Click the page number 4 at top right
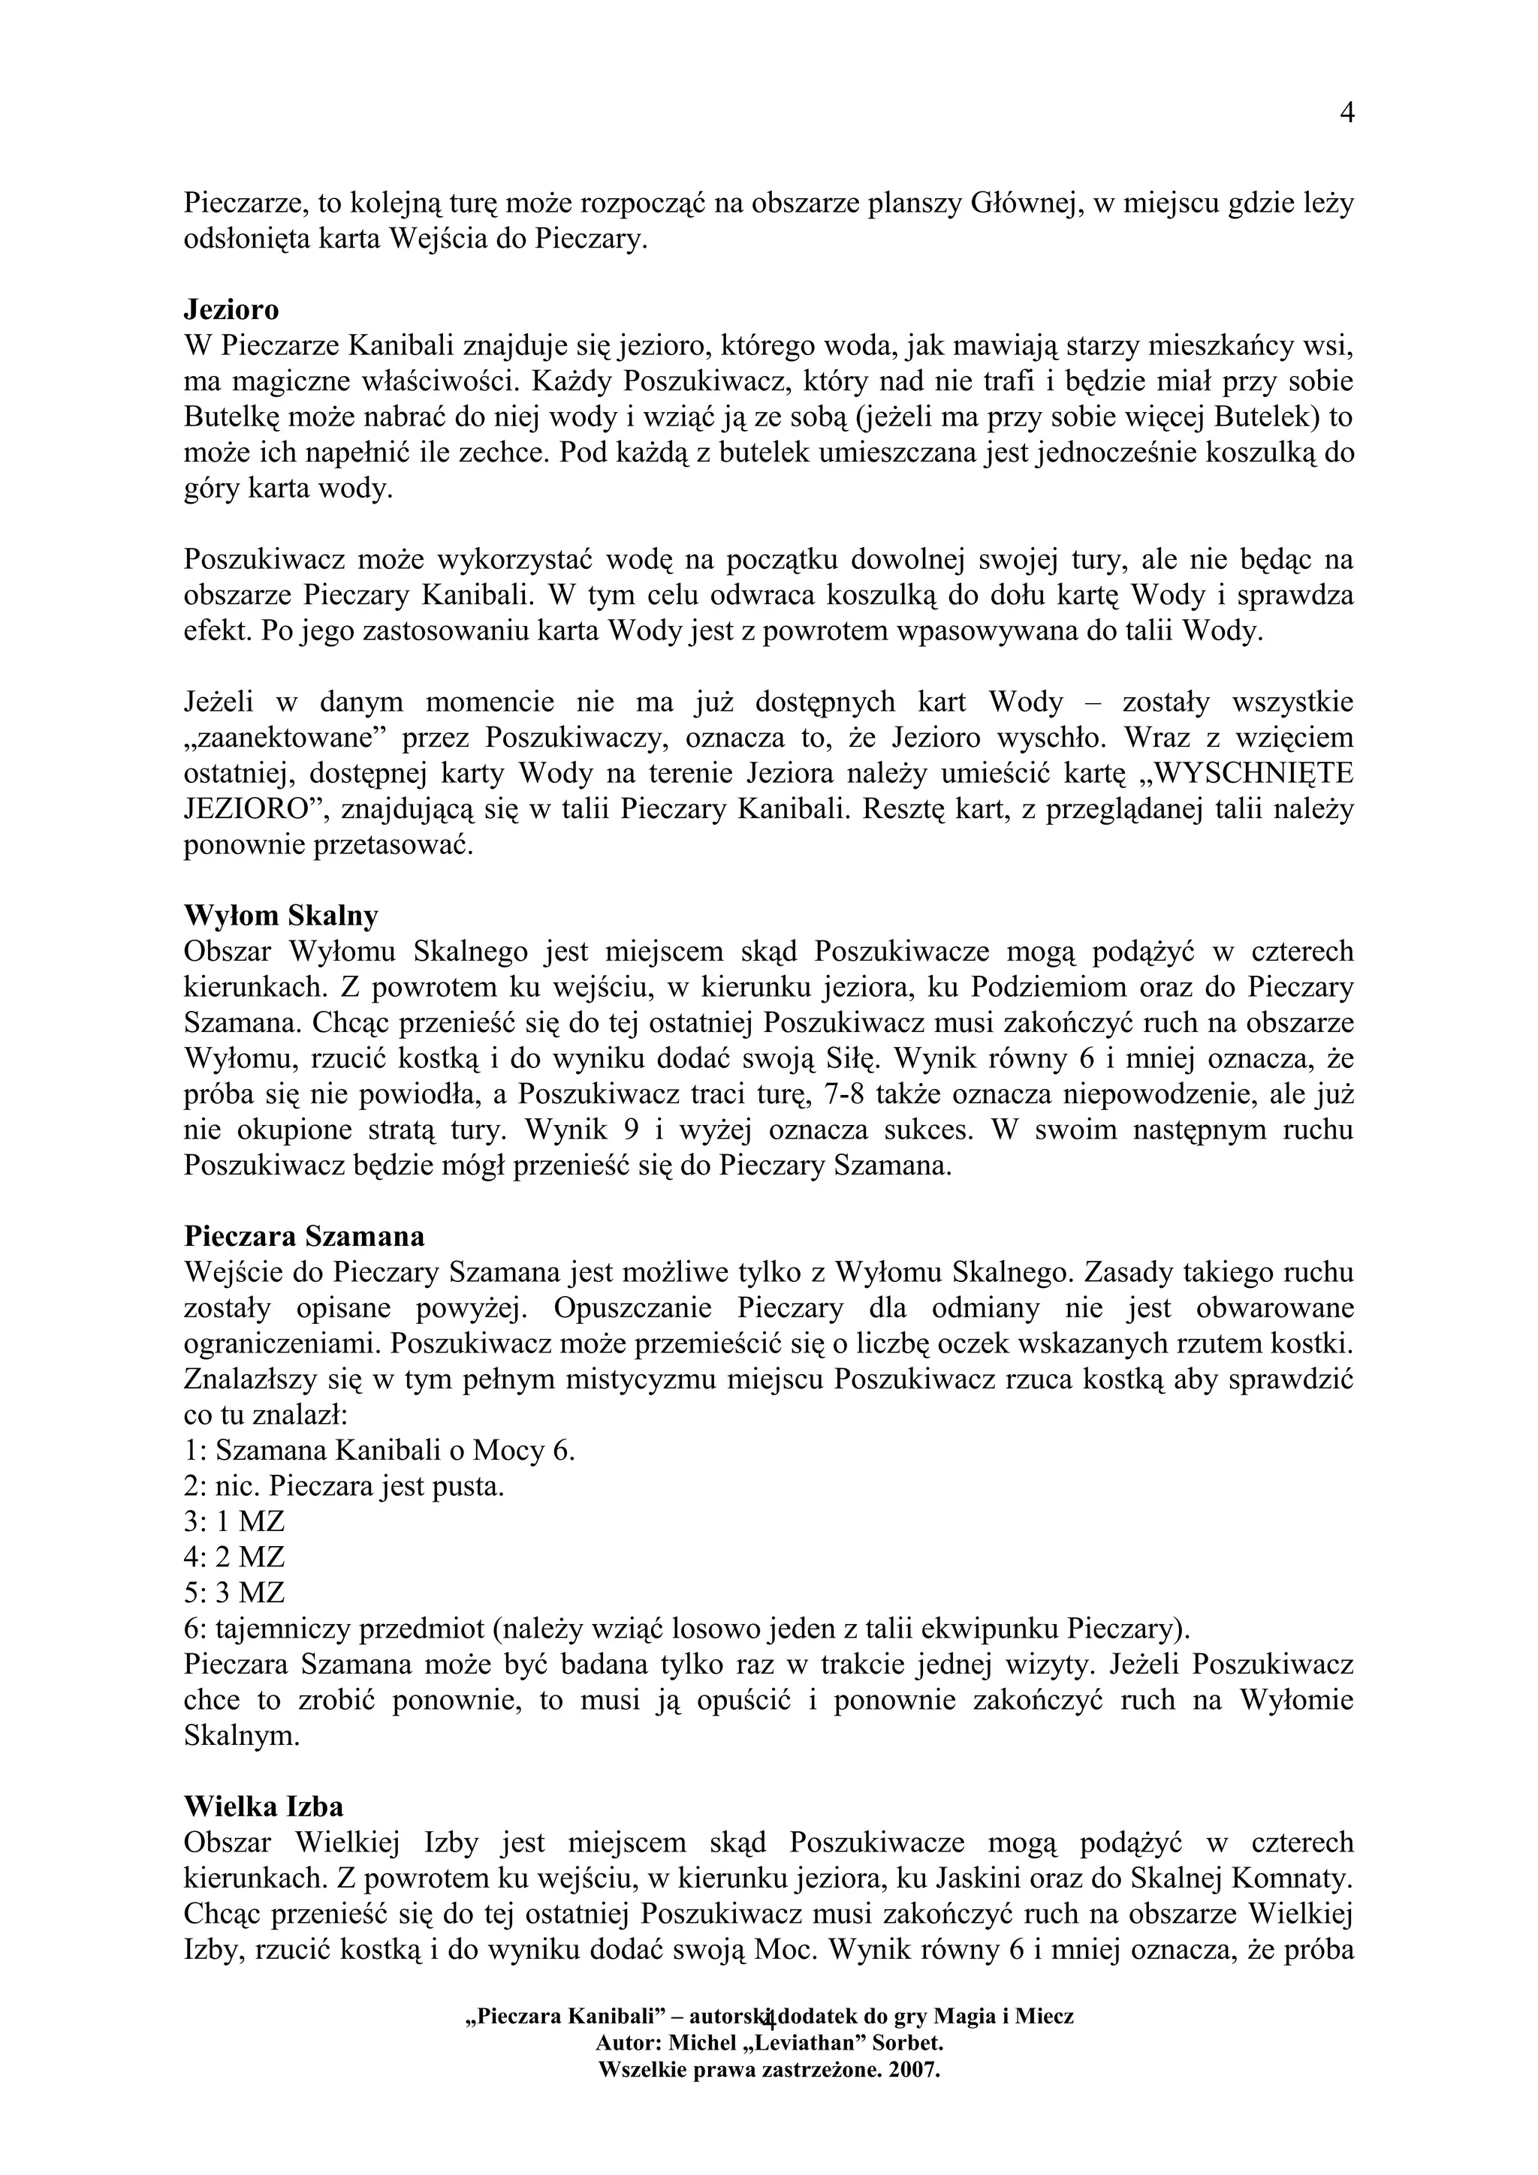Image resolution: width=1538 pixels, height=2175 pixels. [1347, 113]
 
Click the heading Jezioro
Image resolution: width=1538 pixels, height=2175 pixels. [231, 310]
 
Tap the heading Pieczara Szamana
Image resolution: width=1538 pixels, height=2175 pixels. [304, 1237]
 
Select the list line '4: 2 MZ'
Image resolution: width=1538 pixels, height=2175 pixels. [234, 1557]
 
